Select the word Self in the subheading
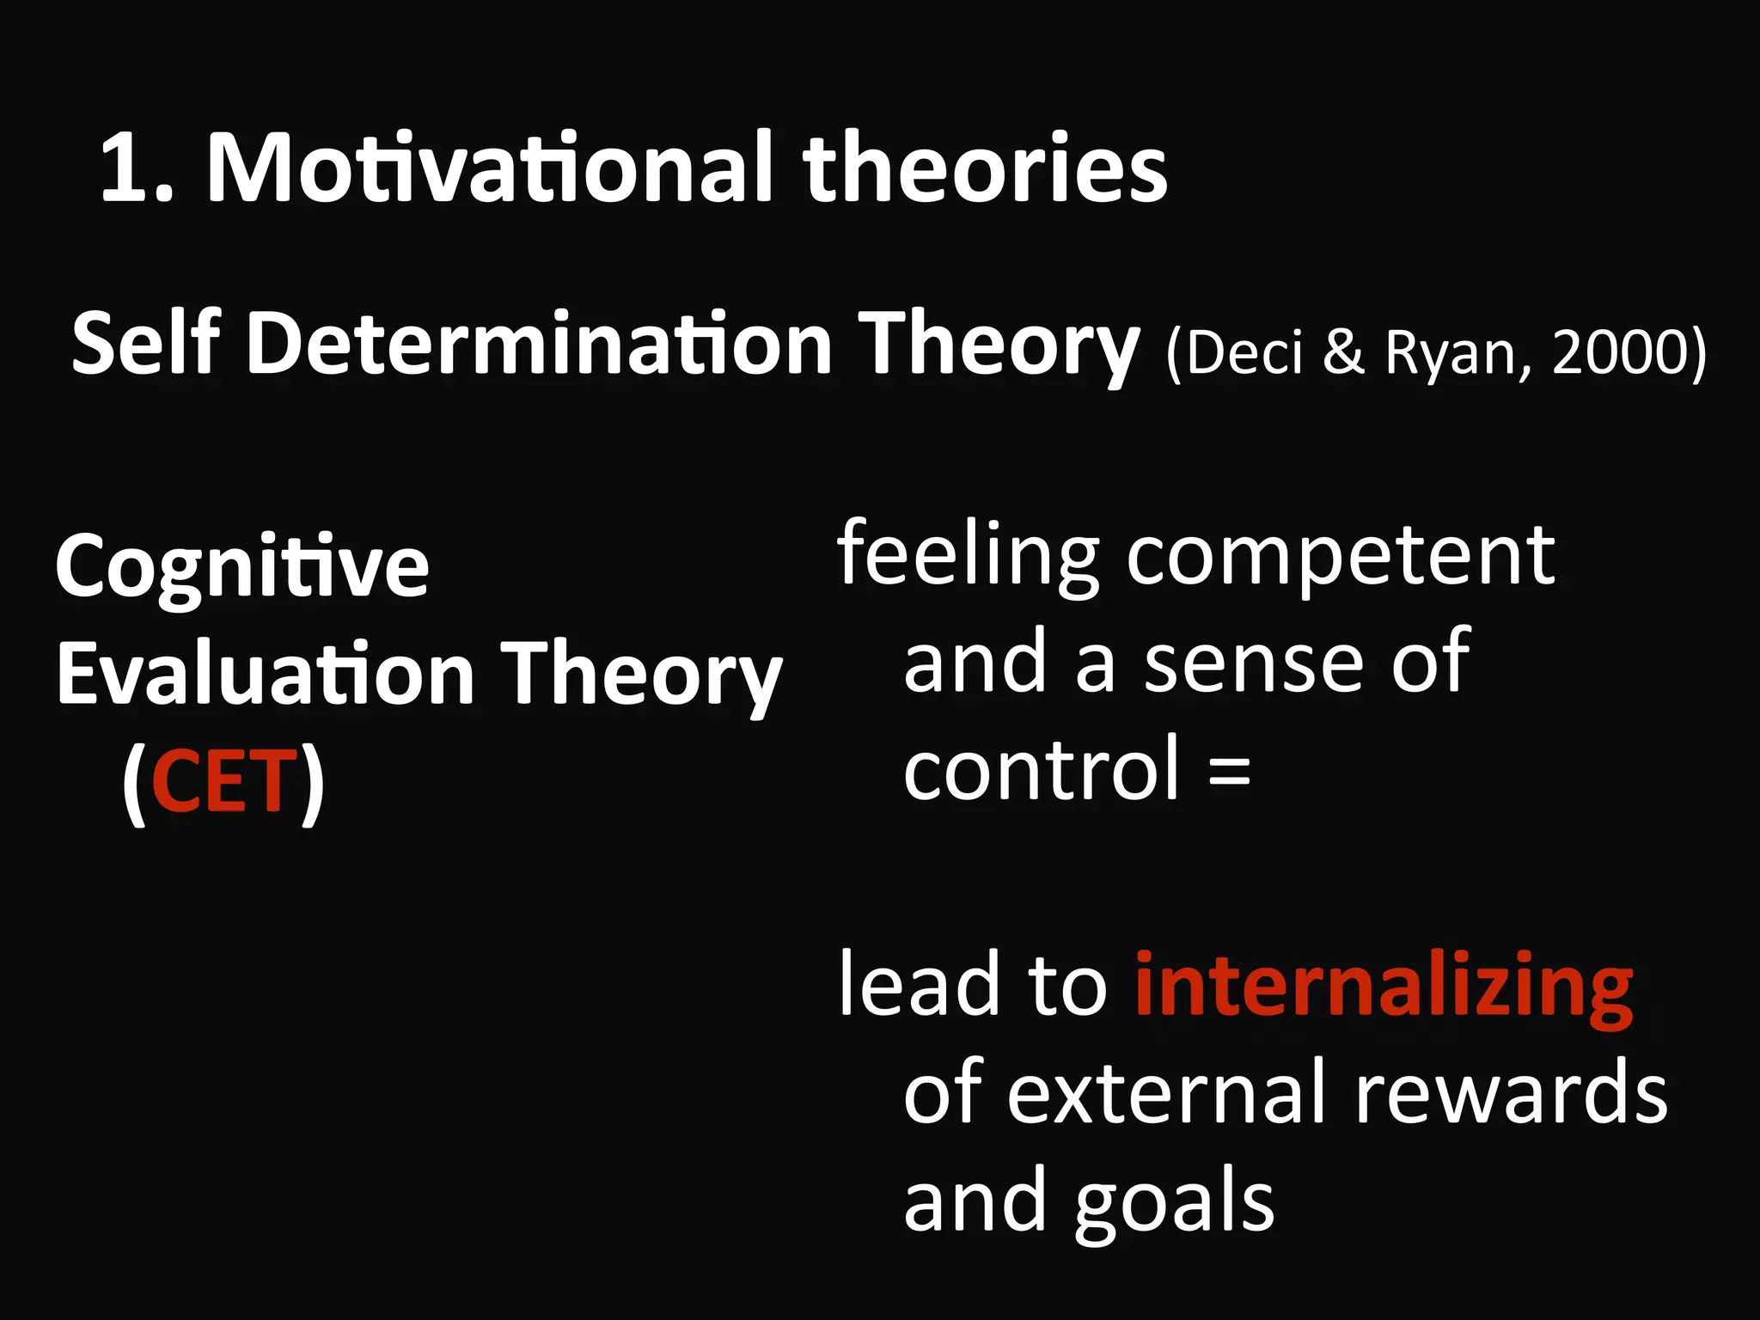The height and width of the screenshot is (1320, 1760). coord(146,344)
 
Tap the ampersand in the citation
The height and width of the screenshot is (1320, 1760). coord(1343,353)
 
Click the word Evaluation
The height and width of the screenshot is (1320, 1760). coord(266,675)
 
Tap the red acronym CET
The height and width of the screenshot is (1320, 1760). coord(223,781)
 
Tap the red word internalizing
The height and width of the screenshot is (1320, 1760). coord(1384,987)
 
